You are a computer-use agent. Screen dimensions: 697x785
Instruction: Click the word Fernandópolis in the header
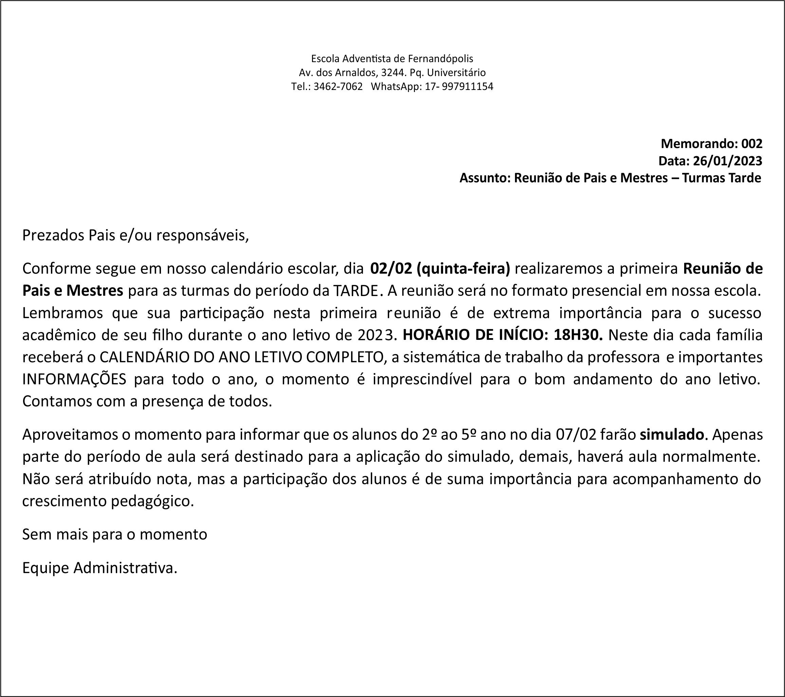[x=440, y=59]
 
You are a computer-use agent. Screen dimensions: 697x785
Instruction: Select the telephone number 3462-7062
[x=338, y=87]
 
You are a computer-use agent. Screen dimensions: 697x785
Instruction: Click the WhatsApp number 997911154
[x=468, y=87]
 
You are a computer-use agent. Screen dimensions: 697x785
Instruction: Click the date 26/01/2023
[x=727, y=161]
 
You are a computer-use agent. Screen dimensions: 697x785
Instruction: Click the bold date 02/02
[x=391, y=269]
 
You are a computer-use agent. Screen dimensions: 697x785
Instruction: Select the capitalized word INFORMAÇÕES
[x=74, y=380]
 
